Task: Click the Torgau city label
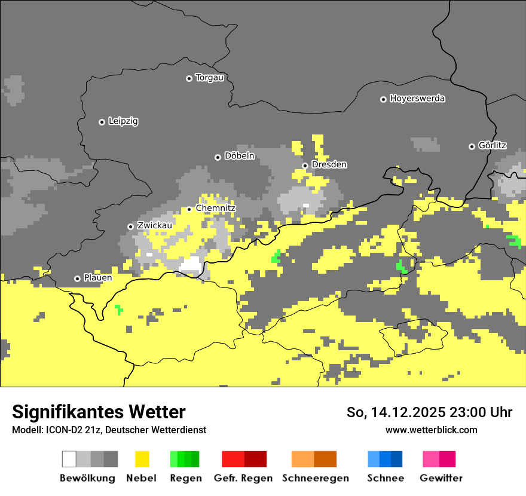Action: pos(209,78)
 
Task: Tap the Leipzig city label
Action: pos(123,121)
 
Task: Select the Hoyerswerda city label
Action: pos(417,99)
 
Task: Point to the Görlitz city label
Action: pos(492,145)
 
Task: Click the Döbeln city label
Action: pos(239,156)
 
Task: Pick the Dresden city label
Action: pos(329,164)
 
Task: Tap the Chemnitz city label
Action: pos(216,208)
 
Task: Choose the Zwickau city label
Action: pos(154,225)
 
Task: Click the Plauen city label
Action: pos(97,278)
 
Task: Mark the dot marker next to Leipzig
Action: pos(102,122)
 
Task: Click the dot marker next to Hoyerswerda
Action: pos(383,99)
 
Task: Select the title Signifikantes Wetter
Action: pos(99,412)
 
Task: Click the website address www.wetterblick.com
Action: pos(431,430)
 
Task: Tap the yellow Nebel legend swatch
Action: pos(142,459)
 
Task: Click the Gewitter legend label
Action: pos(441,478)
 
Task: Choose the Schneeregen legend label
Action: pos(316,478)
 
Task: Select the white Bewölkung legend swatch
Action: pos(69,459)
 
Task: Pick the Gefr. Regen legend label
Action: pos(243,478)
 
